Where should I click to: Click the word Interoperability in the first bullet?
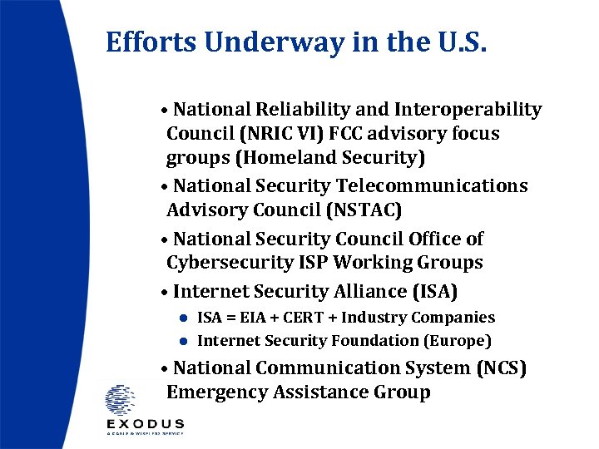click(x=468, y=110)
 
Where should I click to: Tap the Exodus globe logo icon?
click(x=120, y=399)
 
